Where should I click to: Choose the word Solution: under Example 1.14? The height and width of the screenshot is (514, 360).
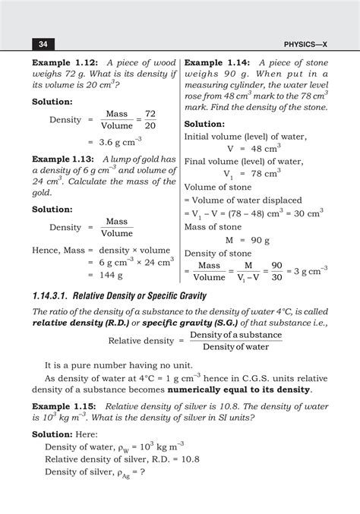pos(210,124)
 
